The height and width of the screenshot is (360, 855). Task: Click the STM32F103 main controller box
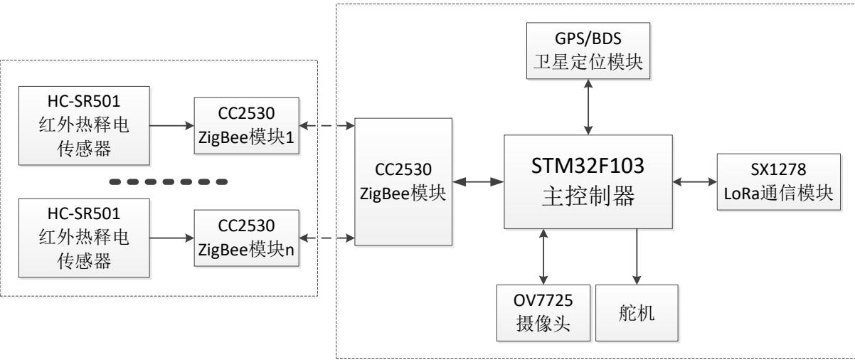(588, 181)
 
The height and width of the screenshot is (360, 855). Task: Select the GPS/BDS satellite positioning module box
(588, 48)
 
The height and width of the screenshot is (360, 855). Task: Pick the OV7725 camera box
(543, 314)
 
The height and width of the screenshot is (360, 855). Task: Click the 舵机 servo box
(637, 314)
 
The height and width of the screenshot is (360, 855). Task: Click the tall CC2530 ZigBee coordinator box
(403, 181)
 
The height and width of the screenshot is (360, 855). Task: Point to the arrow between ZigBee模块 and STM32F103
(478, 182)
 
